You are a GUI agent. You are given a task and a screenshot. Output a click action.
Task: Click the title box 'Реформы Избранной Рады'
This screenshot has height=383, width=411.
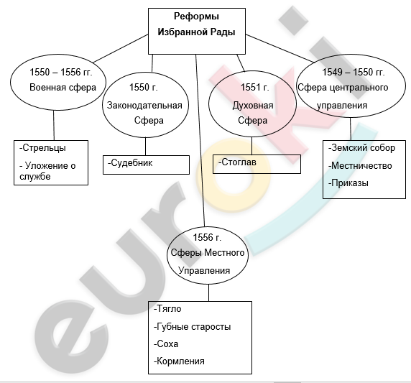tap(197, 31)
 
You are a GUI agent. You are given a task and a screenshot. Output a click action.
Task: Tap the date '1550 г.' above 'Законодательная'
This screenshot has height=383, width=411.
tap(144, 87)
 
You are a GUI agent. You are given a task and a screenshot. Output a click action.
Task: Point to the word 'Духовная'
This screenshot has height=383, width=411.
tap(253, 106)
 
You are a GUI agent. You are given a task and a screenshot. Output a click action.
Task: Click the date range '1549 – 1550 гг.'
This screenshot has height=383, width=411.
tap(353, 72)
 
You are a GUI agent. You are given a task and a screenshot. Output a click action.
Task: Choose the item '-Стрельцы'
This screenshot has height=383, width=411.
tap(42, 148)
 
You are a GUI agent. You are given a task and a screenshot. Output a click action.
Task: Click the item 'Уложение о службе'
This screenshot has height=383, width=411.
tap(47, 171)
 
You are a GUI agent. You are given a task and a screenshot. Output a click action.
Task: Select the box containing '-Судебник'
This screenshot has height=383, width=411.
tap(146, 165)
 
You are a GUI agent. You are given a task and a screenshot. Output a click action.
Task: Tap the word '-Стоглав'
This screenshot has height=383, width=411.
tap(237, 162)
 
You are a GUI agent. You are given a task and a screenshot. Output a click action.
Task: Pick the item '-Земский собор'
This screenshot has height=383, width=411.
tap(361, 148)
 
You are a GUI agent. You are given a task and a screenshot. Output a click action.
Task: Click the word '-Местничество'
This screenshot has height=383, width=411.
tap(360, 166)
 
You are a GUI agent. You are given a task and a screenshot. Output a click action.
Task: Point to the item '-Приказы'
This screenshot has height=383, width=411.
tap(348, 183)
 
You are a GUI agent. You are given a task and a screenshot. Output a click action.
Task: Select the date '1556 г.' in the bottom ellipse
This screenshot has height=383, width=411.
tap(207, 238)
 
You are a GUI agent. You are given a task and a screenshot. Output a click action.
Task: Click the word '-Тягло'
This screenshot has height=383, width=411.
tap(167, 309)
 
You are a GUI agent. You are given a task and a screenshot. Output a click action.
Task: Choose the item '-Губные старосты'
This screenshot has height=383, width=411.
tap(193, 327)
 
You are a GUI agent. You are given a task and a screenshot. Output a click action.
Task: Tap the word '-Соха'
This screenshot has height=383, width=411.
tap(166, 343)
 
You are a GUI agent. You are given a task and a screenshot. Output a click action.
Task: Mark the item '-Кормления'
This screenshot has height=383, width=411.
tap(179, 361)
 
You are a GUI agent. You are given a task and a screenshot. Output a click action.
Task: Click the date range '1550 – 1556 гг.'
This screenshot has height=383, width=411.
tap(61, 72)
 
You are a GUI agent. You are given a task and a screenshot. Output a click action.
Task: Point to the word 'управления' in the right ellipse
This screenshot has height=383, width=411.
tap(342, 106)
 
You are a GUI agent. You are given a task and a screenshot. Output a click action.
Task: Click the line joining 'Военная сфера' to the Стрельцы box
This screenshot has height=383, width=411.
tap(54, 125)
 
